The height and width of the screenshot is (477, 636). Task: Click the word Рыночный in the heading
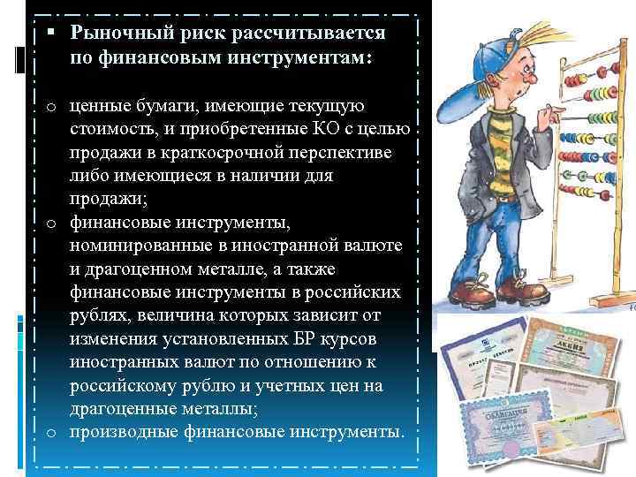point(119,33)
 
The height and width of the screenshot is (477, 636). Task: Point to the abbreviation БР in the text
point(299,340)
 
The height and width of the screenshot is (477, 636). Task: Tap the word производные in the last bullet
point(120,432)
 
